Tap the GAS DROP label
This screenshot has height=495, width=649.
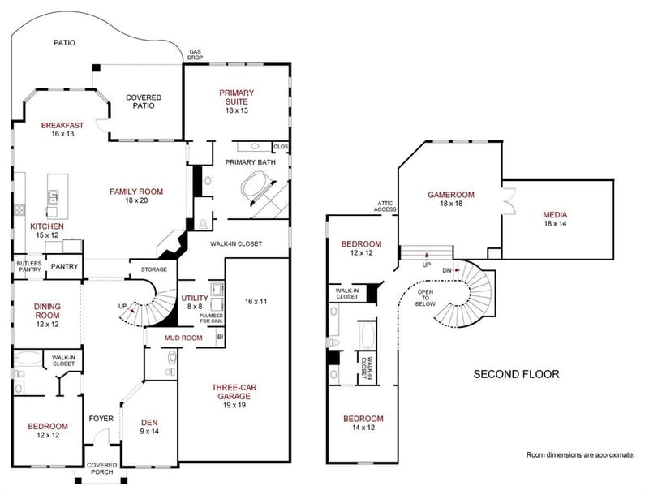pyautogui.click(x=195, y=54)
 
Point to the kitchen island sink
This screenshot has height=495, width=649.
pyautogui.click(x=53, y=197)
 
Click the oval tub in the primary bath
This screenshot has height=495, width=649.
pyautogui.click(x=256, y=187)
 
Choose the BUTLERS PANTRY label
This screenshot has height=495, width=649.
pyautogui.click(x=29, y=266)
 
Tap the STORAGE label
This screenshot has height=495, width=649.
pyautogui.click(x=154, y=269)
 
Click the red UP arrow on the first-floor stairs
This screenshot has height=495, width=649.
pyautogui.click(x=133, y=310)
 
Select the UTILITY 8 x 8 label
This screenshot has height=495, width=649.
pyautogui.click(x=195, y=302)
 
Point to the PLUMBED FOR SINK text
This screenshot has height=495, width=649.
pyautogui.click(x=211, y=318)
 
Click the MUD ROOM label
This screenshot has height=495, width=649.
pyautogui.click(x=183, y=338)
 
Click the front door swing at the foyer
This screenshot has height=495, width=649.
pyautogui.click(x=101, y=437)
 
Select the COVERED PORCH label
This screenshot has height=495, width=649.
pyautogui.click(x=102, y=468)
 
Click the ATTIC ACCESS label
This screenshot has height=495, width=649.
pyautogui.click(x=385, y=206)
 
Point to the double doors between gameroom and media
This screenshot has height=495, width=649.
pyautogui.click(x=509, y=201)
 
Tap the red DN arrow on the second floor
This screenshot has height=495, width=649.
pyautogui.click(x=457, y=270)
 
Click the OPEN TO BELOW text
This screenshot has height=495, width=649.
pyautogui.click(x=425, y=298)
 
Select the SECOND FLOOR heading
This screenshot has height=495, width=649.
pyautogui.click(x=516, y=374)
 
